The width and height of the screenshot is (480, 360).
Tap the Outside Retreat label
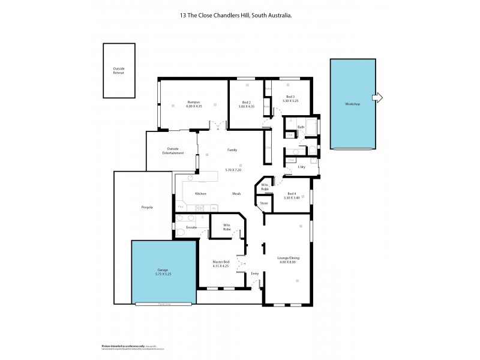pyautogui.click(x=119, y=70)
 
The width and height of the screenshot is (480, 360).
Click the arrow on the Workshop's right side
pyautogui.click(x=378, y=98)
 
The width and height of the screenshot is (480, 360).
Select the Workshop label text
pyautogui.click(x=352, y=104)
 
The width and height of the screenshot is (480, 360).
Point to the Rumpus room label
pyautogui.click(x=193, y=102)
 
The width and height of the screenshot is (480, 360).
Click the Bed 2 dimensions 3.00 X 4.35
pyautogui.click(x=247, y=106)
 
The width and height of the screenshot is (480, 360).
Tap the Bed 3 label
pyautogui.click(x=290, y=97)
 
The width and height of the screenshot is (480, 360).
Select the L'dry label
pyautogui.click(x=302, y=167)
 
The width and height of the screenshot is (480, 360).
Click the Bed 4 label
pyautogui.click(x=292, y=193)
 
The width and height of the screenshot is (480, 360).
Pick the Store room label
pyautogui.click(x=263, y=204)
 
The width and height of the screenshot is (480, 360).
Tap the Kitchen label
pyautogui.click(x=201, y=194)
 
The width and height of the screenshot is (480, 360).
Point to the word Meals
pyautogui.click(x=238, y=194)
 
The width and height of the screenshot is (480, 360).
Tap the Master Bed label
pyautogui.click(x=221, y=262)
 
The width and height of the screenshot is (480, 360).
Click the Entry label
pyautogui.click(x=255, y=274)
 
